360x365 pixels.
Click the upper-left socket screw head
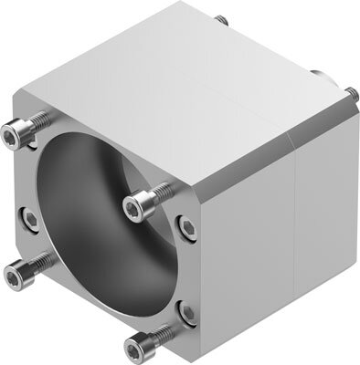(12, 137)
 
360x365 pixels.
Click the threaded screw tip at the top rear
(220, 19)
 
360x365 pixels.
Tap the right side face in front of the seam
(247, 246)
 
